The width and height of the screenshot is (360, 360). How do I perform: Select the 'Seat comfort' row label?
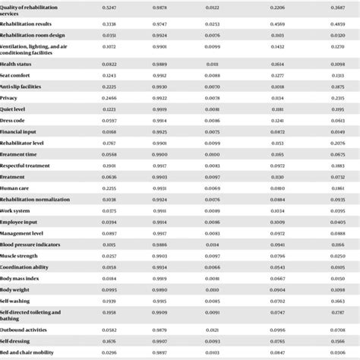(x=16, y=75)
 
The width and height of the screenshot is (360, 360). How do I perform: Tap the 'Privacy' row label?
(x=10, y=98)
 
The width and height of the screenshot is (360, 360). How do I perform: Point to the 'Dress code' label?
(x=14, y=121)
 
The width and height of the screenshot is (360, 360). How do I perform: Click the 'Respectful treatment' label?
(x=25, y=166)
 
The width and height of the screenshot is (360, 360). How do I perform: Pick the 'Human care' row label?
(x=15, y=188)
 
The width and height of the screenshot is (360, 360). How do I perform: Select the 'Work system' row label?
(x=16, y=210)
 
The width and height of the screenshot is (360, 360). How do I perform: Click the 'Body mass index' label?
(x=21, y=278)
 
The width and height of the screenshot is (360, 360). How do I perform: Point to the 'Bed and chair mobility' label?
(x=28, y=352)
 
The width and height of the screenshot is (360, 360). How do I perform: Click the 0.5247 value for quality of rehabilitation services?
(x=109, y=8)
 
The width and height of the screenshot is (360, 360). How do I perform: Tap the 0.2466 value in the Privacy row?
(x=109, y=98)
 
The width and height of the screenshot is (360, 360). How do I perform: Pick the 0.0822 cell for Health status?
(x=109, y=64)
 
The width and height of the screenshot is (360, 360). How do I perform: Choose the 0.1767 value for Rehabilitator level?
(x=109, y=143)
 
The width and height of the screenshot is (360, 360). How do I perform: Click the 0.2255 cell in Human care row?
(x=109, y=188)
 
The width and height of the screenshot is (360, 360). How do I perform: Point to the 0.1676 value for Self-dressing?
(x=109, y=340)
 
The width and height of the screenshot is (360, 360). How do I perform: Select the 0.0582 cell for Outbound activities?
(x=109, y=329)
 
